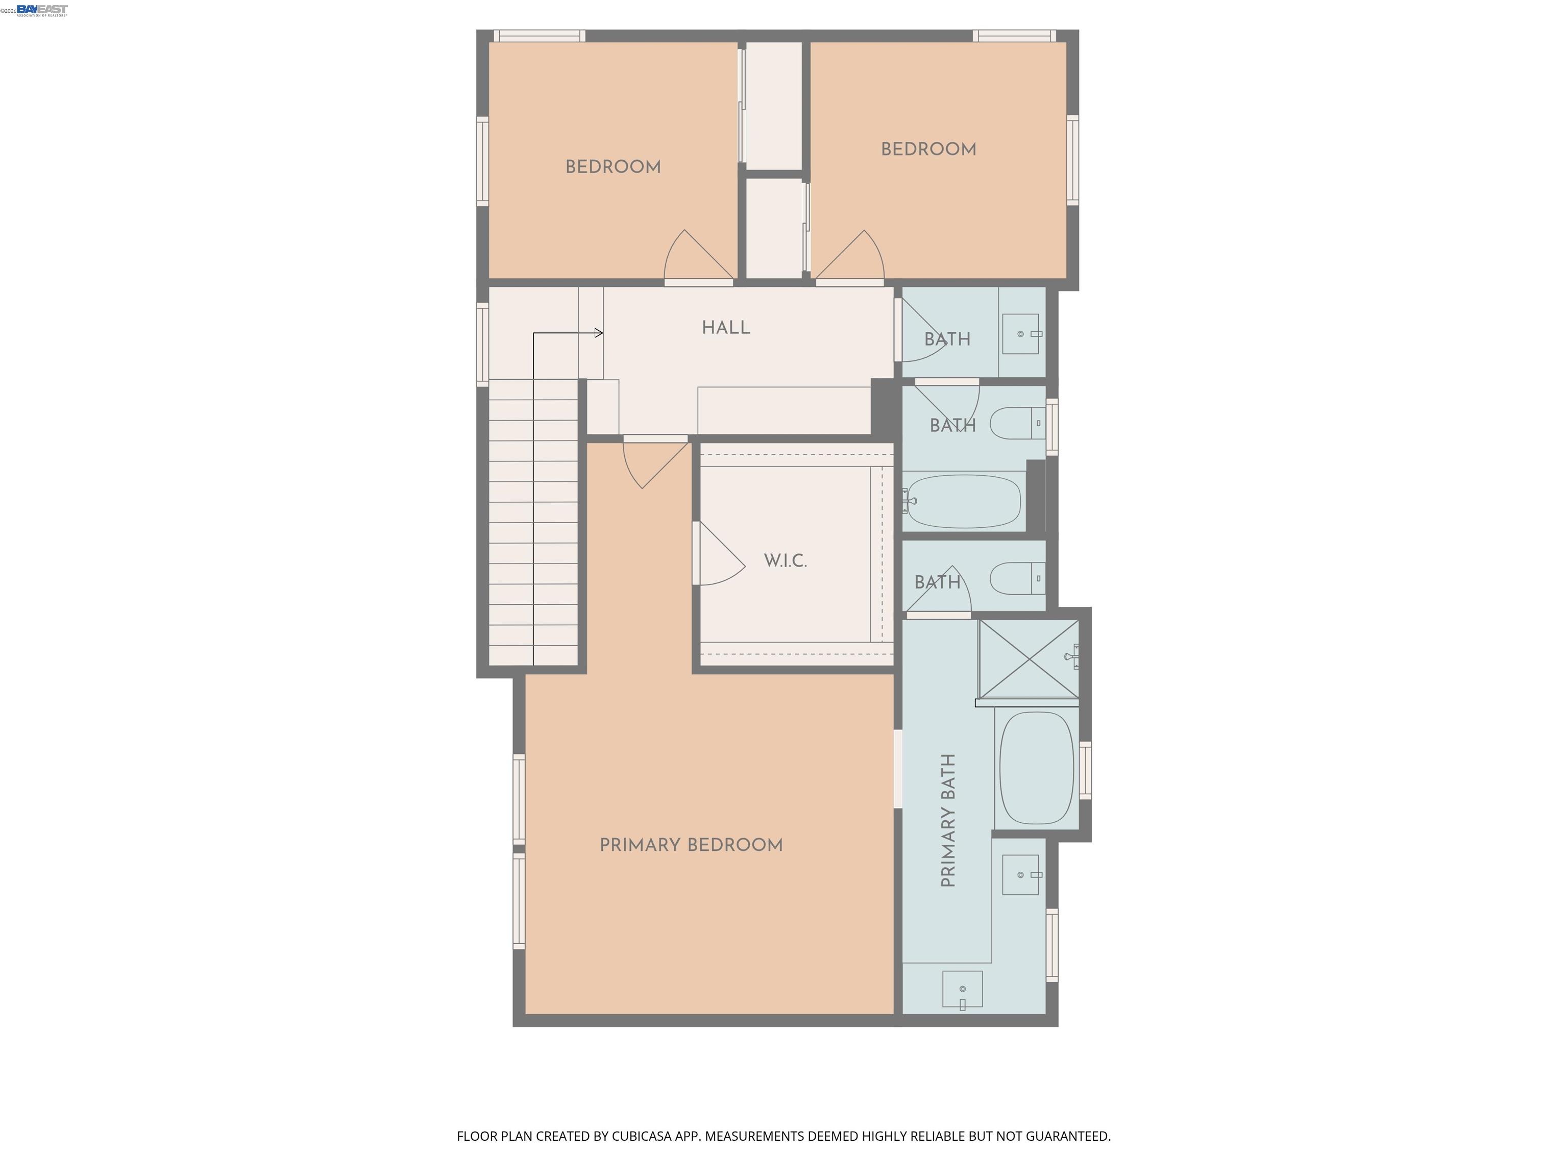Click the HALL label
pyautogui.click(x=725, y=328)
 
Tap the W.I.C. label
pyautogui.click(x=785, y=561)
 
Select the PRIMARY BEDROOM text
pyautogui.click(x=691, y=845)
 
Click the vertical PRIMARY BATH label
pyautogui.click(x=948, y=820)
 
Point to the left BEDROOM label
pyautogui.click(x=612, y=167)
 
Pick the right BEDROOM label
pyautogui.click(x=928, y=150)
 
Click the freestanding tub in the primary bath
pyautogui.click(x=1036, y=768)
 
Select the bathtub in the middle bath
pyautogui.click(x=963, y=501)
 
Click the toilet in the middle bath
pyautogui.click(x=1017, y=423)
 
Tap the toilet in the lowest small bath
pyautogui.click(x=1017, y=578)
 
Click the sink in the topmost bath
pyautogui.click(x=1021, y=334)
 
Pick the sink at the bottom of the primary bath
pyautogui.click(x=962, y=990)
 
